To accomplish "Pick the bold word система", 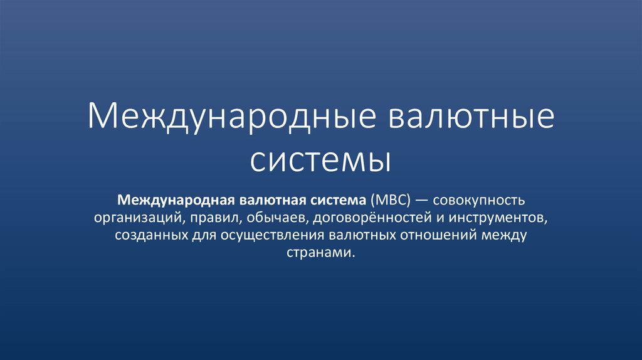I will coord(337,201).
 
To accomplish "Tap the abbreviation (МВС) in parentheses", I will coord(390,201).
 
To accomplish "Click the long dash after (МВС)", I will coord(424,201).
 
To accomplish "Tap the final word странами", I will coord(320,253).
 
